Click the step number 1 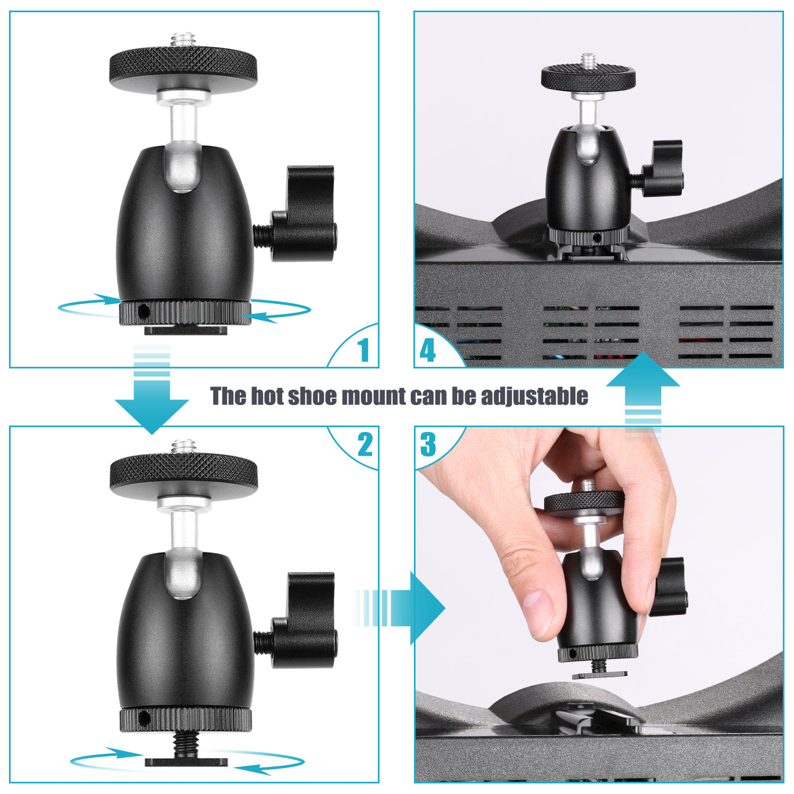tap(364, 350)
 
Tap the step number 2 tap(365, 445)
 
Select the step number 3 tap(428, 445)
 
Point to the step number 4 tap(428, 350)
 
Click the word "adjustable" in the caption tap(534, 396)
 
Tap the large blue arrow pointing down tap(151, 406)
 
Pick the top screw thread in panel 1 tap(183, 41)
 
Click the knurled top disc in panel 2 tap(183, 470)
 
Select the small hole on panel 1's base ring tap(143, 311)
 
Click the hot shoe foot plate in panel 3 tap(599, 675)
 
